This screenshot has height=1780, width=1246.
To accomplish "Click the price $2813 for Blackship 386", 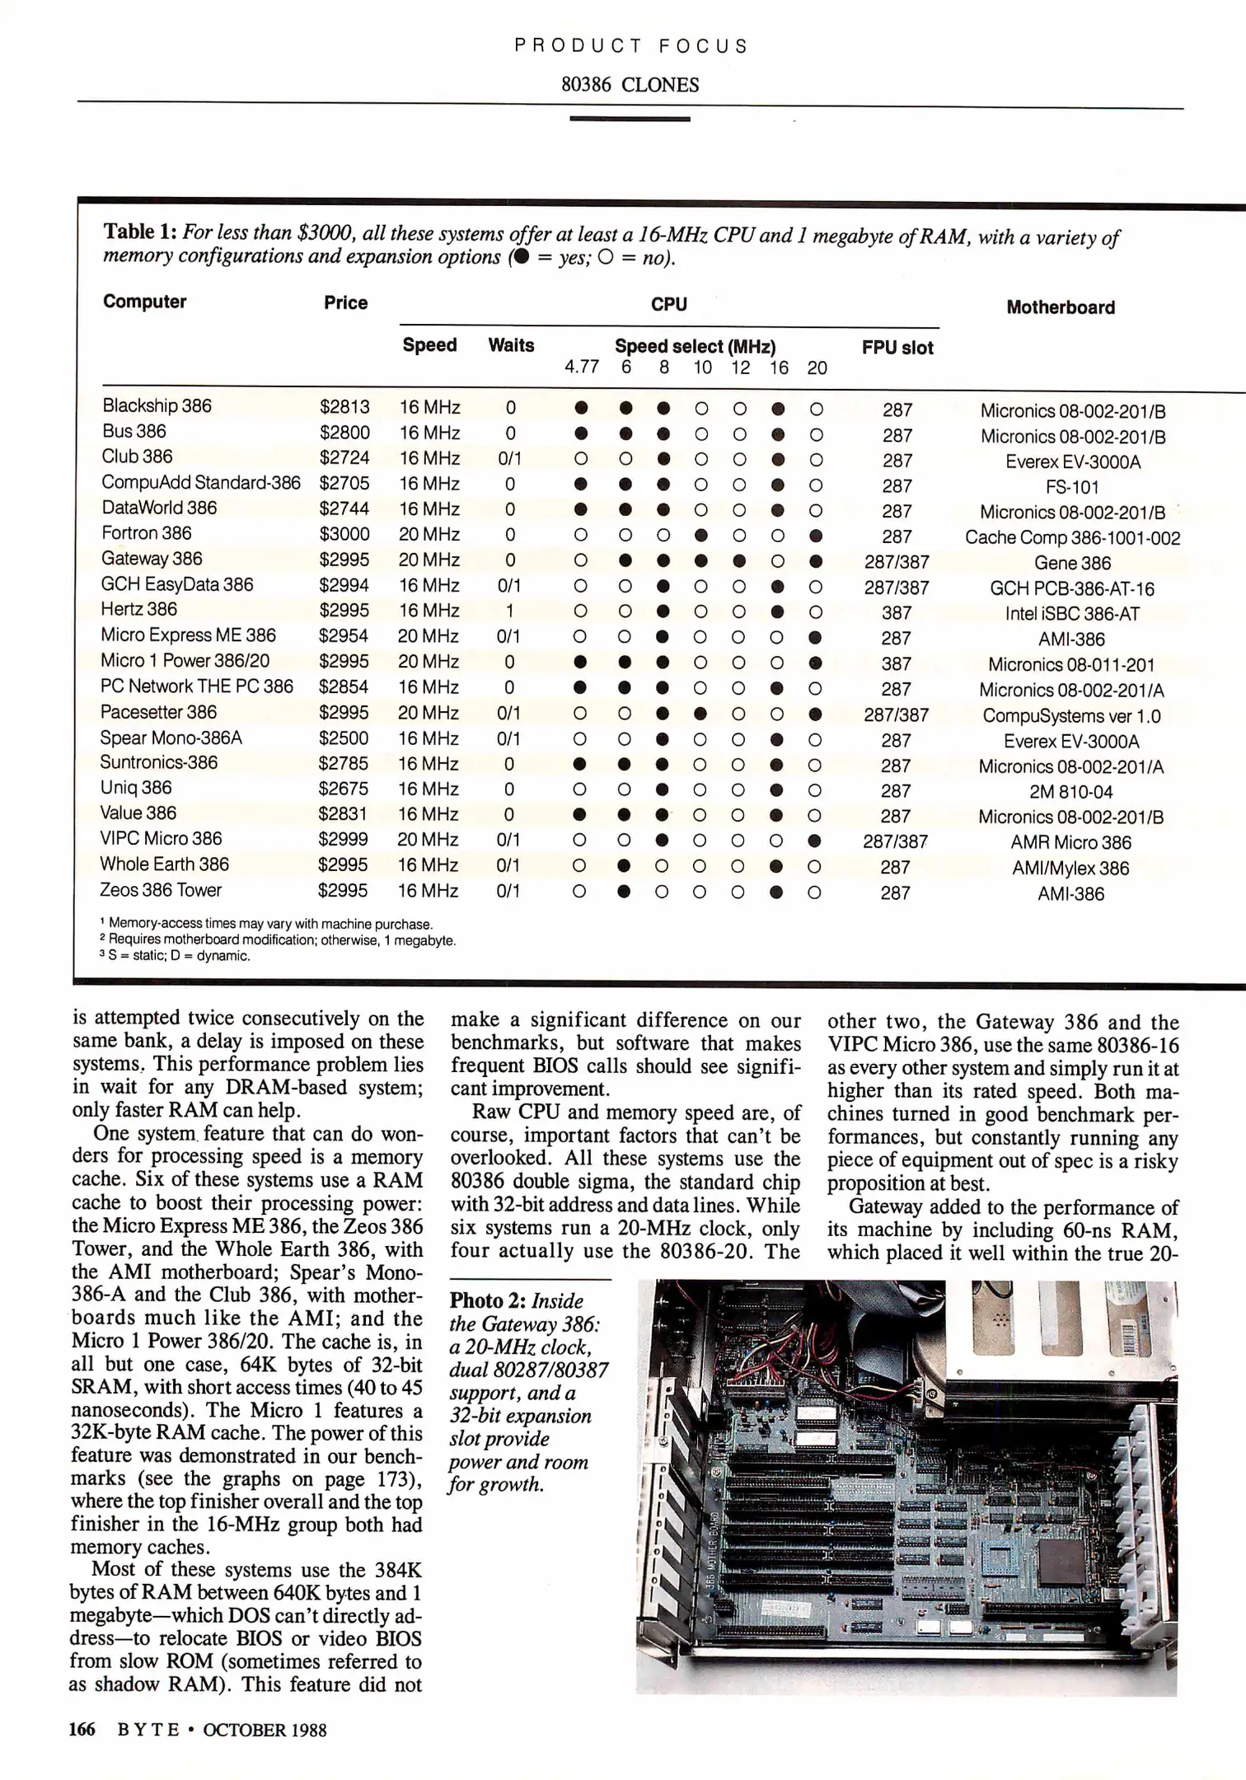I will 344,407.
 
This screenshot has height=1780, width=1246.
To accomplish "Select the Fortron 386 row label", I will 147,533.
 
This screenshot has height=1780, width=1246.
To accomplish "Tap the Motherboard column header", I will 1061,307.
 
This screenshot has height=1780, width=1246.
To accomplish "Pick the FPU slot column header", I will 897,348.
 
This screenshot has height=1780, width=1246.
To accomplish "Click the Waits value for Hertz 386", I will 509,611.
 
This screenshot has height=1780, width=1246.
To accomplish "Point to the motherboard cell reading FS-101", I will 1072,487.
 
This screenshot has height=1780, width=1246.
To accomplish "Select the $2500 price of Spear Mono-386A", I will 344,738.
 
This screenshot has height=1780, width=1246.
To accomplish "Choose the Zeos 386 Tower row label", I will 161,890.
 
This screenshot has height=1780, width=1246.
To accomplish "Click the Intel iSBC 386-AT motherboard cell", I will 1071,614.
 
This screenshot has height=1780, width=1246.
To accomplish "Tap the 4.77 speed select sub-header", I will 582,368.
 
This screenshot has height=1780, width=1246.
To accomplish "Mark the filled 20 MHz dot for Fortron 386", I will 816,536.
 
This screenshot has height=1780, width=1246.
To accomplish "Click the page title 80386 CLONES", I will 630,85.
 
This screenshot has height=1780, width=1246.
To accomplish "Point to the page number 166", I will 82,1729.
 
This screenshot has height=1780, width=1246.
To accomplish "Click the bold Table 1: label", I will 139,232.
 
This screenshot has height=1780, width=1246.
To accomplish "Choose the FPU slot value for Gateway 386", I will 897,562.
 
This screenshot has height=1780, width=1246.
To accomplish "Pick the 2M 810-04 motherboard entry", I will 1070,792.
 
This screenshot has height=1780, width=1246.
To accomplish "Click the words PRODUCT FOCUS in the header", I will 630,46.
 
